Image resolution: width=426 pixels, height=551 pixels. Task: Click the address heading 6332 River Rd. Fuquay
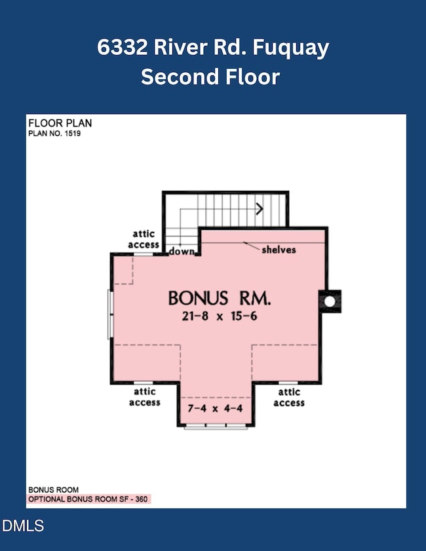coord(212,48)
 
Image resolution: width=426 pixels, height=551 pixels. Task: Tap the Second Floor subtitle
coord(210,77)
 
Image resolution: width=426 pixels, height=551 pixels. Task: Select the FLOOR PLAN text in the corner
coord(60,123)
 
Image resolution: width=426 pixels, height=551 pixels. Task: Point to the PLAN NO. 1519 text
coord(53,133)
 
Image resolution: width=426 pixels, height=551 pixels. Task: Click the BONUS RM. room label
coord(220,298)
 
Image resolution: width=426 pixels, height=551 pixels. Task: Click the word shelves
coord(279,250)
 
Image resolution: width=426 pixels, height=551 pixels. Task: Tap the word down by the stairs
coord(180,251)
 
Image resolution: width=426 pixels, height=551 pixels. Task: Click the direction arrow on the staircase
coord(259,209)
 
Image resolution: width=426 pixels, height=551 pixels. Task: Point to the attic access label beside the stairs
coord(144,239)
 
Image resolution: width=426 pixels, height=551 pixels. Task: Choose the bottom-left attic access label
coord(144,397)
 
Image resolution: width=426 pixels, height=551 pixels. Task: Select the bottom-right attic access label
coord(288,397)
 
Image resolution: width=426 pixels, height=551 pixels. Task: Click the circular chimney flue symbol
coord(330,301)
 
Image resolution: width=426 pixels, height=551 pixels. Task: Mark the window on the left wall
coord(110,315)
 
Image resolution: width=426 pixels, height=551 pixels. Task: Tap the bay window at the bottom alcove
coord(216,427)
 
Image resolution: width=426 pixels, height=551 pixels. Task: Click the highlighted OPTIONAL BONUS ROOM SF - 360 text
coord(88,499)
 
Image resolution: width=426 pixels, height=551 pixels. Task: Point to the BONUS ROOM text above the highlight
coord(53,489)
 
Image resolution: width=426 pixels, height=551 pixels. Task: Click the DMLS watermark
coord(24,525)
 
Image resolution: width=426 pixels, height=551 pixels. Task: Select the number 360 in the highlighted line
coord(142,499)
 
